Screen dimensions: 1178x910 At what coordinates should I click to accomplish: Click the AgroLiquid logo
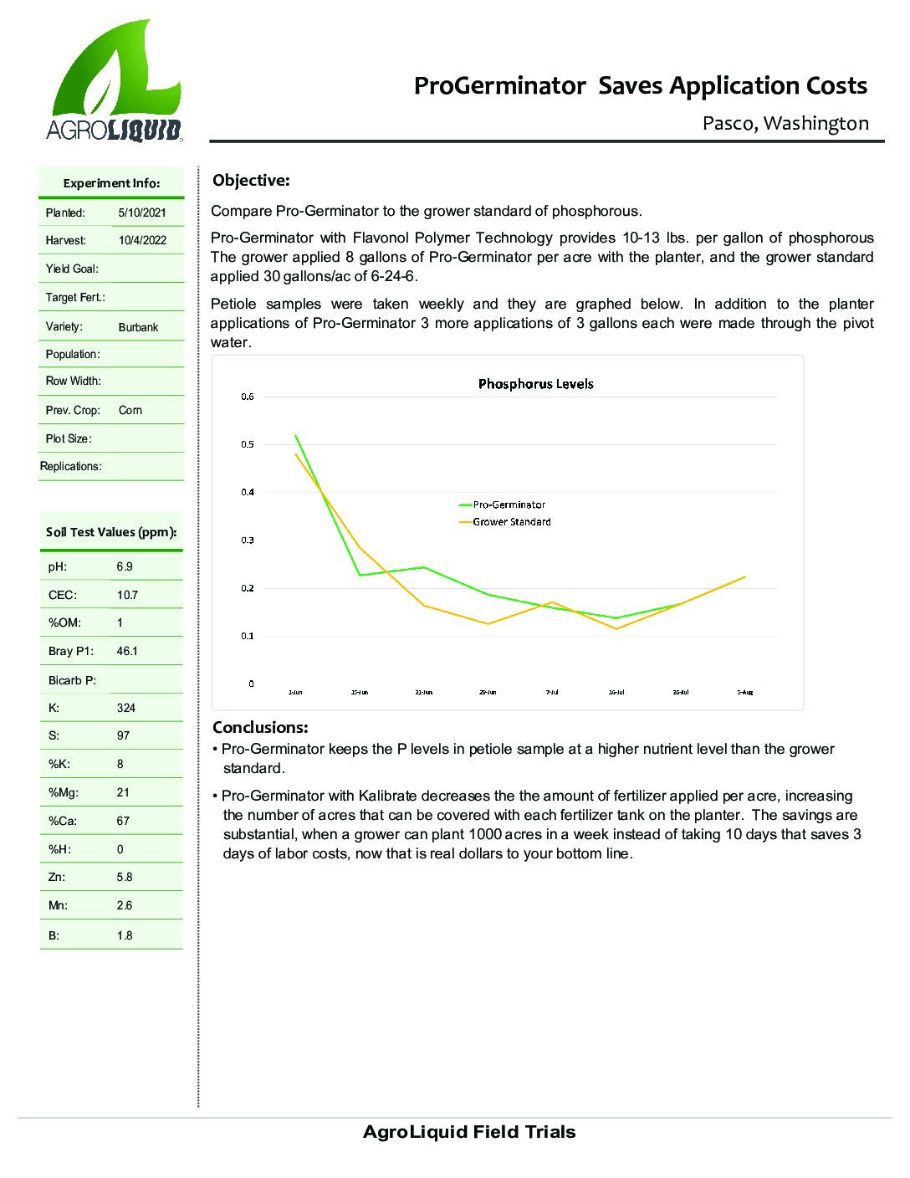(x=115, y=82)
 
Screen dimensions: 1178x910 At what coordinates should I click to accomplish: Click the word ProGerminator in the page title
(x=499, y=86)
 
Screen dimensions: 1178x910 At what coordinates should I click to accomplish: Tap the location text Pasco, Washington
(x=785, y=124)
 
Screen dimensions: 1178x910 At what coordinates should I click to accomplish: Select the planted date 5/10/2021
(x=142, y=213)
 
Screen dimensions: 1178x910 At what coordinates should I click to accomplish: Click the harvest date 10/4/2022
(x=142, y=241)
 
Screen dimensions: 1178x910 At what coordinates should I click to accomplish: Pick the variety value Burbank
(x=138, y=327)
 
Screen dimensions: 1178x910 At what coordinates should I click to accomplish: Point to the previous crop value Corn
(x=130, y=411)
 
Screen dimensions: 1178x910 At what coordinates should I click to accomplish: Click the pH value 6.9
(x=125, y=566)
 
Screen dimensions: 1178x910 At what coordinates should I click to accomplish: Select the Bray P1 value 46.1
(x=127, y=651)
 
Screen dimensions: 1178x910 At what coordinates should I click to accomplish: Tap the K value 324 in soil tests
(x=125, y=708)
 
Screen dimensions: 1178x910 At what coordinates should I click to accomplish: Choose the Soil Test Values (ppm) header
(x=111, y=532)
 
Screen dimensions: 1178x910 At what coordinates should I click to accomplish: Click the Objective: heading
(x=251, y=181)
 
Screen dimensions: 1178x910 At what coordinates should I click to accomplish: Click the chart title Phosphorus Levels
(x=535, y=384)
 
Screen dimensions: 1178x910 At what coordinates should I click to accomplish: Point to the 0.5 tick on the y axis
(x=248, y=444)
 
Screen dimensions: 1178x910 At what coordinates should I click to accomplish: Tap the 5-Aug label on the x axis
(x=744, y=693)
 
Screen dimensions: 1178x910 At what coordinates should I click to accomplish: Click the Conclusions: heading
(x=260, y=727)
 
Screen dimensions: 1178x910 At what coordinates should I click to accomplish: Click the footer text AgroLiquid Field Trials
(x=469, y=1133)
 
